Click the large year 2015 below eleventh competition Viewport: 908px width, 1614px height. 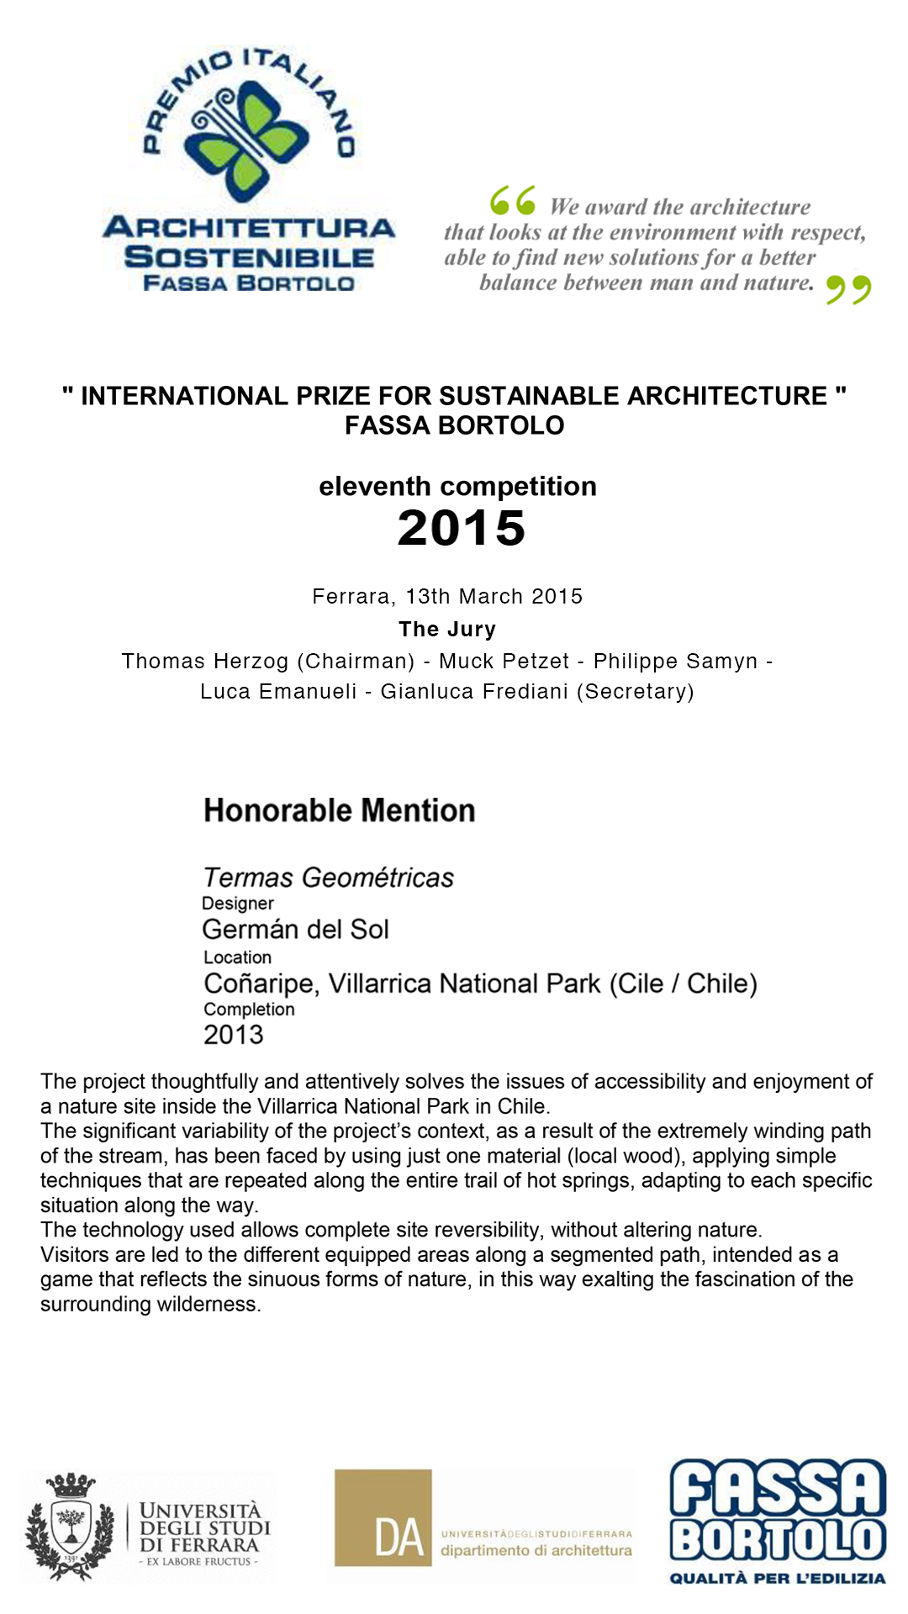coord(461,528)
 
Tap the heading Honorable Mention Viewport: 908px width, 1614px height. coord(339,810)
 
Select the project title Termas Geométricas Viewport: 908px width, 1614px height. coord(328,878)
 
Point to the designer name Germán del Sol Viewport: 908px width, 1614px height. coord(295,930)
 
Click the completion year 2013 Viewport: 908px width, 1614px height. coord(233,1035)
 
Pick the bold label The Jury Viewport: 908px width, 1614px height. coord(447,629)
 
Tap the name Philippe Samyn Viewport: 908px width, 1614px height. coord(675,662)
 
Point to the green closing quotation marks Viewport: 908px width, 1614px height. coord(848,289)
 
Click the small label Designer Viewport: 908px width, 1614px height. coord(238,904)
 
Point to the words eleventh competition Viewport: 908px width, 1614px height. coord(457,487)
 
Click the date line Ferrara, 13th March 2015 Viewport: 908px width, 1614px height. coord(447,597)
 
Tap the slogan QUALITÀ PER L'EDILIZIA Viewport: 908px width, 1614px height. coord(778,1578)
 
